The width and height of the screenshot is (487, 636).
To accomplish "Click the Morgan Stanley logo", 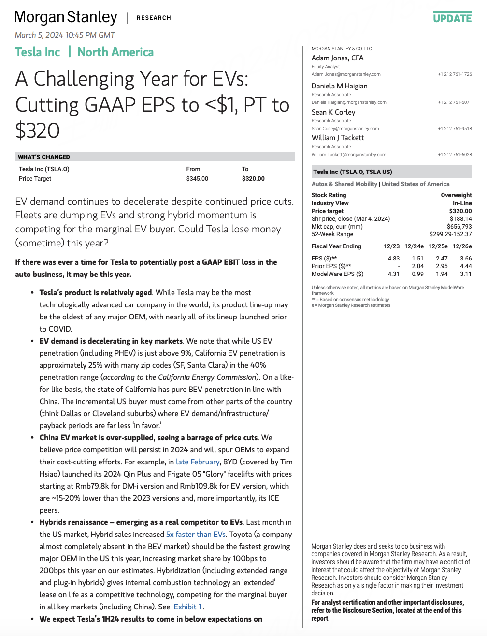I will (x=66, y=17).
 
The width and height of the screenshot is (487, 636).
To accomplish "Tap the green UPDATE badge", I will (x=452, y=18).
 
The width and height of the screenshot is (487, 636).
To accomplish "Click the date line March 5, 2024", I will (x=65, y=35).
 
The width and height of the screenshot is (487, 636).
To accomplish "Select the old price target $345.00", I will (x=197, y=179).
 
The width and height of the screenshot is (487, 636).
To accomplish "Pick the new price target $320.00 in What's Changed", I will (x=253, y=179).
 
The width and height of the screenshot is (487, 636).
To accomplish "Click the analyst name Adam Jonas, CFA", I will (x=337, y=58).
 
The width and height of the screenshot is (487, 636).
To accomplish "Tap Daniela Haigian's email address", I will (x=349, y=102).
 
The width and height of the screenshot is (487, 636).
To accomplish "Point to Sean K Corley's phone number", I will (x=455, y=129).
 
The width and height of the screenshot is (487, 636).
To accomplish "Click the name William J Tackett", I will (x=338, y=138).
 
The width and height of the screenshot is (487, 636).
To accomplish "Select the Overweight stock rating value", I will (x=456, y=195).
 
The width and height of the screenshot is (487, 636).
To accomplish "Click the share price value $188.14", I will (x=460, y=219).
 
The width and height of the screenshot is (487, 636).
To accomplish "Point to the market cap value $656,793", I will (x=459, y=227).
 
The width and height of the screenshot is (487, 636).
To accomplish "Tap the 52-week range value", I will (x=450, y=234).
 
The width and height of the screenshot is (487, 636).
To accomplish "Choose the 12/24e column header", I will (x=414, y=246).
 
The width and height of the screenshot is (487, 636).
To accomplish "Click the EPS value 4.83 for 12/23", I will (x=393, y=259).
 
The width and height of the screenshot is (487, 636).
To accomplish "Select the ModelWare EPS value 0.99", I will (x=417, y=274).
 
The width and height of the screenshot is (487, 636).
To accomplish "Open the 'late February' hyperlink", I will (x=198, y=462).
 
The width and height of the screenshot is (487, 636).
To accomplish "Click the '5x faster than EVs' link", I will (x=196, y=535).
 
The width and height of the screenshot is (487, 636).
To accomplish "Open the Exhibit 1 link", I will (x=188, y=607).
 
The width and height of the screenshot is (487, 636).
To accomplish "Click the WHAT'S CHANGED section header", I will (x=44, y=157).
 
